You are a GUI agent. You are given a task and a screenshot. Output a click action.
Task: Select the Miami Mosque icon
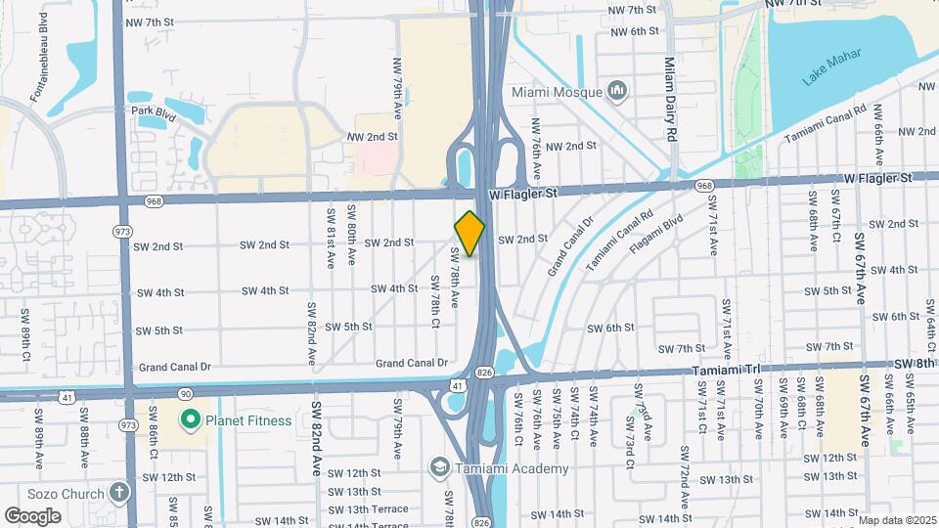(x=617, y=92)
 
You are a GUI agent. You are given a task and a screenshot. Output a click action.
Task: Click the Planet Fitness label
(x=247, y=420)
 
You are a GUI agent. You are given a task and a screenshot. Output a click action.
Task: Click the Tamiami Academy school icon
(x=440, y=467)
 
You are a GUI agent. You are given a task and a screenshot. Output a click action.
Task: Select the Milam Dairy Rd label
(x=670, y=98)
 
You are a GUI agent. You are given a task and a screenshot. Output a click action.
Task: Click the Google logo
(x=33, y=515)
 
